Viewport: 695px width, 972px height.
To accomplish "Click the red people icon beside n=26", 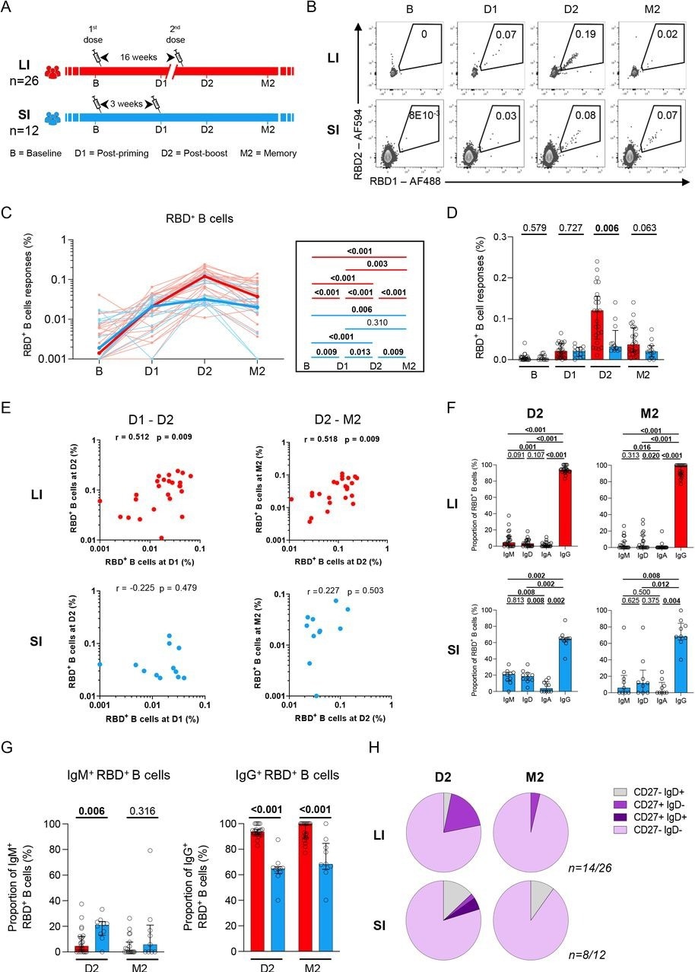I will pyautogui.click(x=52, y=72).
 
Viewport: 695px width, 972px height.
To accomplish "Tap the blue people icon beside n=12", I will pyautogui.click(x=52, y=119).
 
